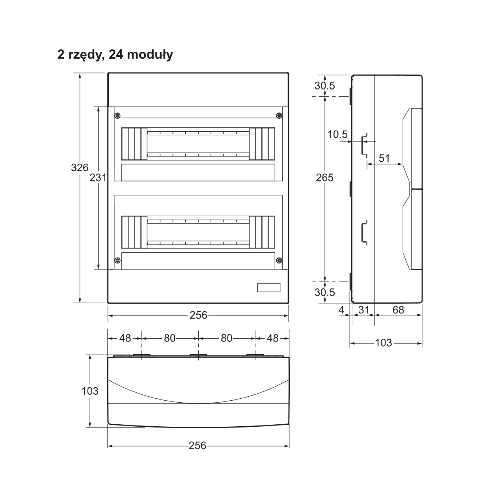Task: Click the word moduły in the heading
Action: click(x=150, y=54)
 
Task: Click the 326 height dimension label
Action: click(x=80, y=167)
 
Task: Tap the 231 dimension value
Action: click(x=98, y=178)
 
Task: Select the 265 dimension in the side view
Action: click(x=325, y=178)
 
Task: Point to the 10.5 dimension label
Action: click(x=337, y=134)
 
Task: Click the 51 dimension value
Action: click(x=384, y=158)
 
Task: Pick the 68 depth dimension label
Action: click(x=398, y=310)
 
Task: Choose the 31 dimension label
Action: click(x=364, y=310)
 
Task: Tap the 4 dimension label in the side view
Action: click(x=341, y=310)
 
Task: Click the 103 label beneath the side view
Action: click(x=384, y=343)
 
